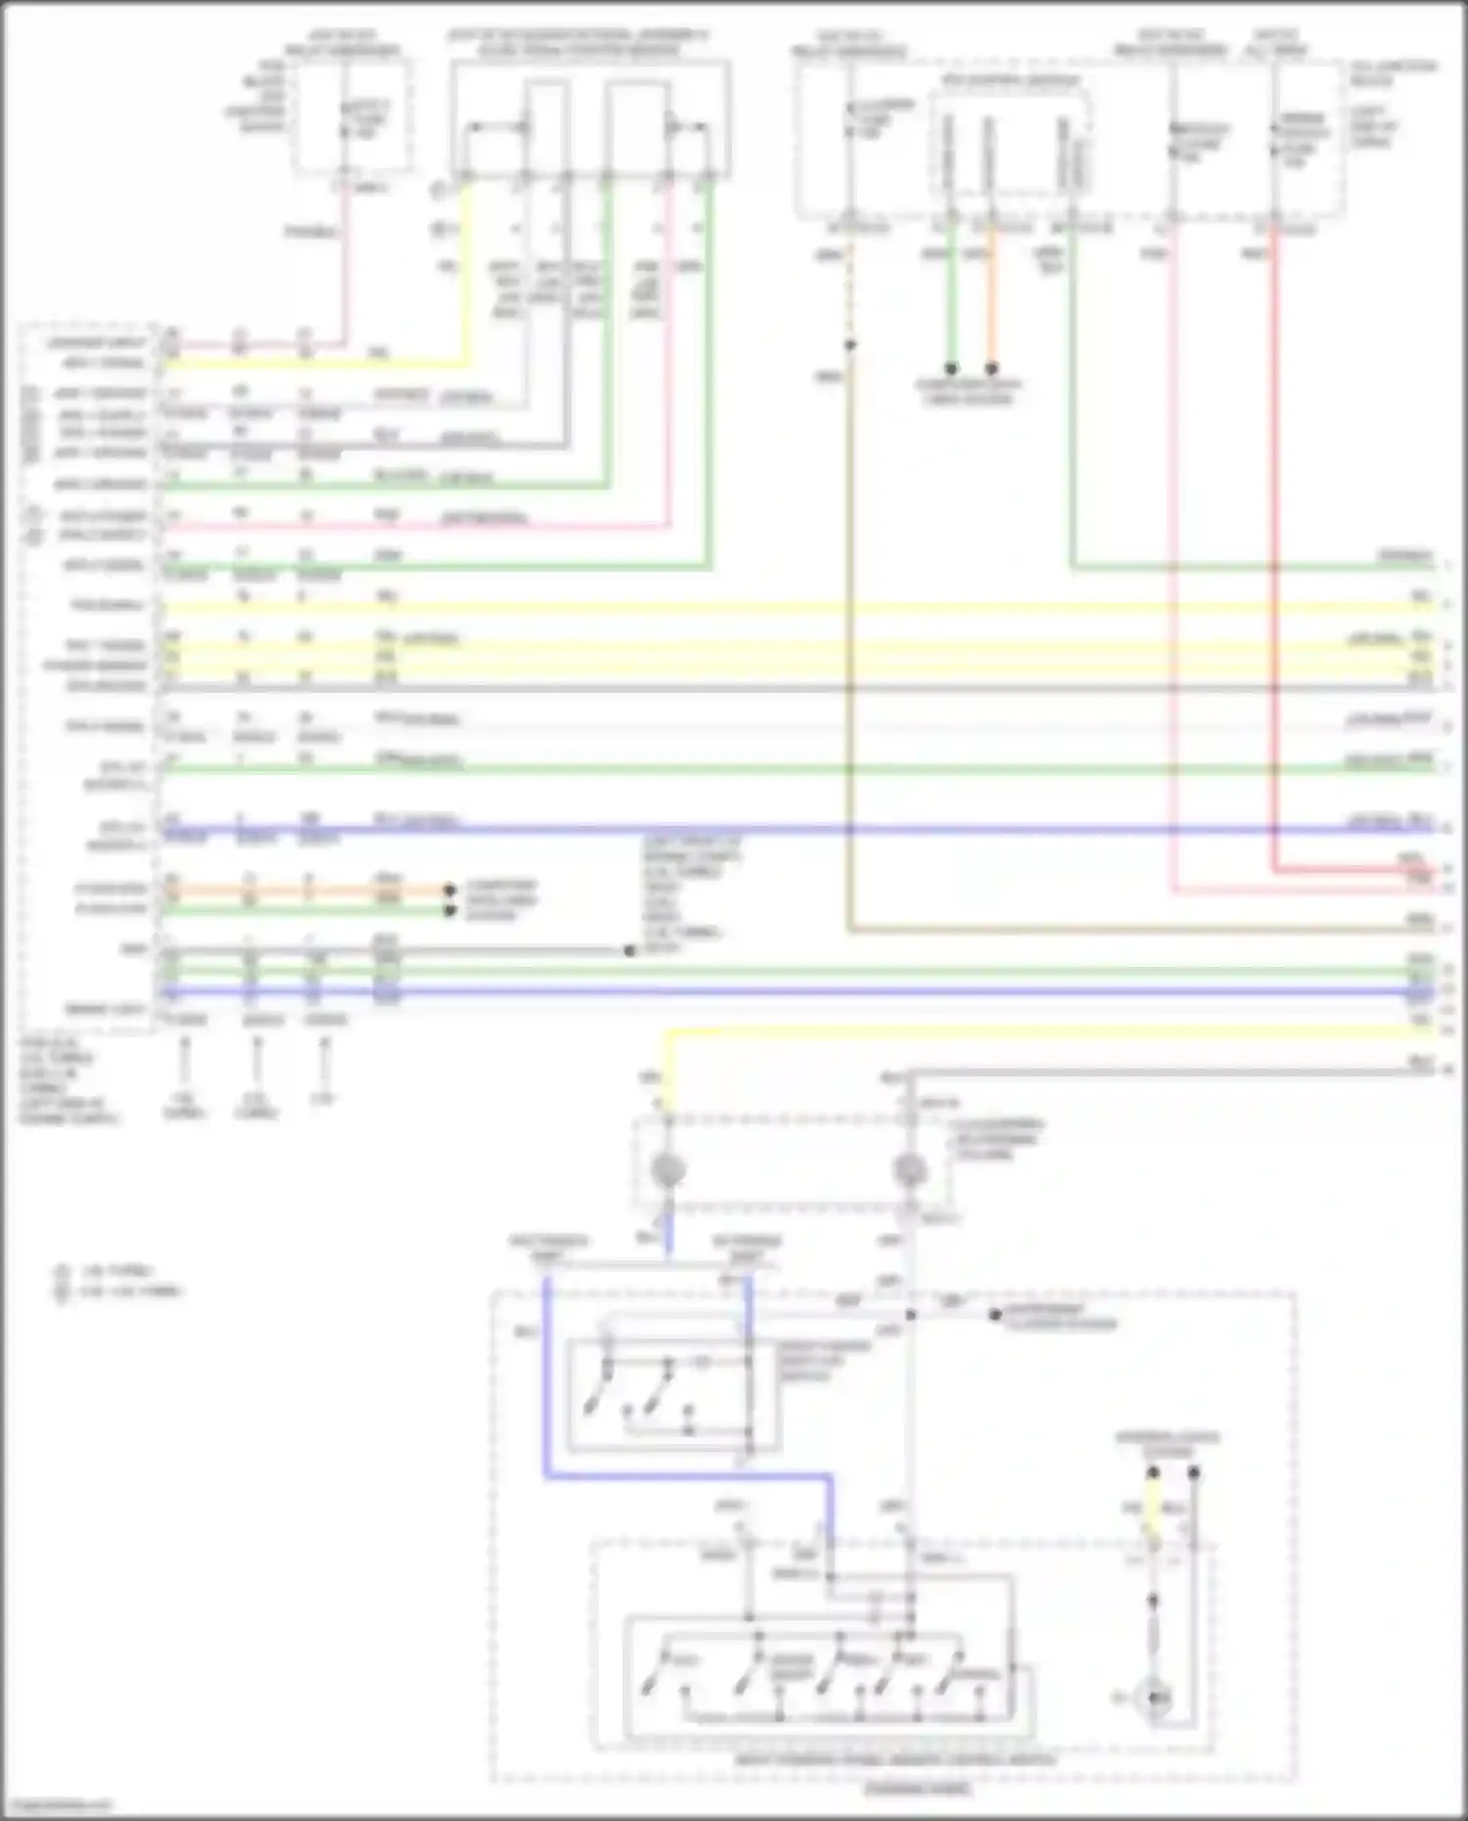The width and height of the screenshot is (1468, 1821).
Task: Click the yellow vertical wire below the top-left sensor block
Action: tap(466, 274)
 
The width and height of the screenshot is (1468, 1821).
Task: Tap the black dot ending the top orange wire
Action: tap(991, 369)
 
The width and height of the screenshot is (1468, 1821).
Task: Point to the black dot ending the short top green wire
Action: tap(950, 369)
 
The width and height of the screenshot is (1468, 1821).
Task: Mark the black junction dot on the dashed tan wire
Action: tap(849, 344)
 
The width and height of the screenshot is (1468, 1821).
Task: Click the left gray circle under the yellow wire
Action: tap(668, 1168)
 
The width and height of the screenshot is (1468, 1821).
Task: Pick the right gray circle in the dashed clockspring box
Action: tap(910, 1169)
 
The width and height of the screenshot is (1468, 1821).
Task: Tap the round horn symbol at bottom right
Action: tap(1155, 1699)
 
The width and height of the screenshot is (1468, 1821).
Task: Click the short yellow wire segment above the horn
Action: tap(1154, 1516)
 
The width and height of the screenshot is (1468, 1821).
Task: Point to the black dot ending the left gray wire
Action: tap(629, 950)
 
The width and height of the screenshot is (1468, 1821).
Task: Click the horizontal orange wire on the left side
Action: tap(303, 889)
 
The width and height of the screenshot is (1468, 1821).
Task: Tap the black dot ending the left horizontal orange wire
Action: tap(449, 889)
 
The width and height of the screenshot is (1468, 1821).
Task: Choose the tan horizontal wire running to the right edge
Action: tap(1125, 930)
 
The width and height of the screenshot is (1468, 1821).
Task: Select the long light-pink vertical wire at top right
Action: tap(1174, 568)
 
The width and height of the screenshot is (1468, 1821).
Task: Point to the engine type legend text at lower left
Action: tap(117, 1281)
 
